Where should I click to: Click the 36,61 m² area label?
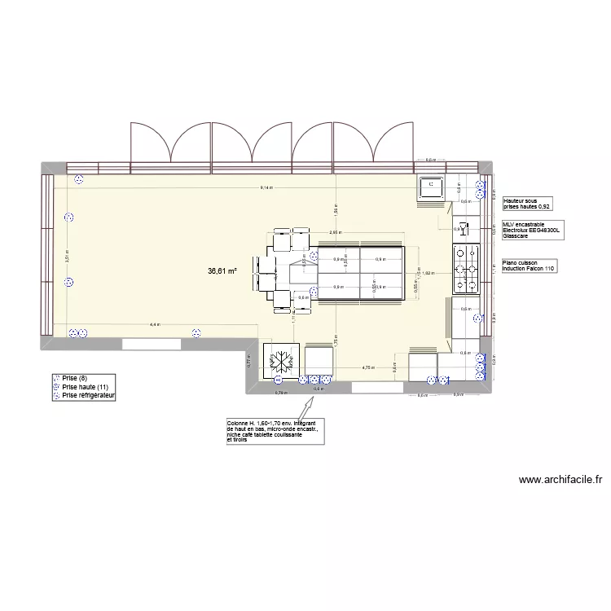coord(222,271)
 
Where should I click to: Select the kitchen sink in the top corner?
coord(429,188)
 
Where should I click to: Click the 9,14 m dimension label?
coord(266,188)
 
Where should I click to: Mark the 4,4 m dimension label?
coord(154,325)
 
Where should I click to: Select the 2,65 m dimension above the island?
coord(334,232)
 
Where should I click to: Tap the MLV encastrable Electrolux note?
coord(530,229)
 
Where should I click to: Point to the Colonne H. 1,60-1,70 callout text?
coord(275,431)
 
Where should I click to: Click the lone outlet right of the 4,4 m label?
coord(196,332)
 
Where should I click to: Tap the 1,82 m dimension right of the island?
coord(426,274)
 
